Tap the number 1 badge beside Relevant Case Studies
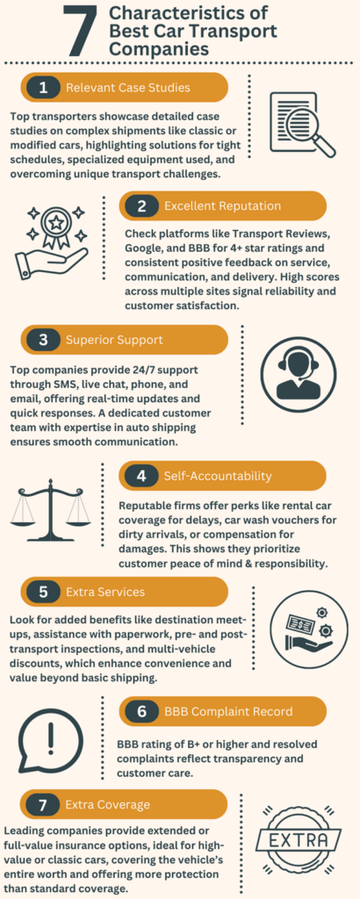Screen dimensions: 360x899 [x=43, y=88]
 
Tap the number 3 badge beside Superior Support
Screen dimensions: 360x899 [x=43, y=340]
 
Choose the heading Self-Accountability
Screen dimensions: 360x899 [x=218, y=476]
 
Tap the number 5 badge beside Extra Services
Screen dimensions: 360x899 [x=43, y=591]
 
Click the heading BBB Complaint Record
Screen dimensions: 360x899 [x=228, y=711]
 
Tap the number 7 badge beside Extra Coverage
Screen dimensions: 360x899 [x=43, y=804]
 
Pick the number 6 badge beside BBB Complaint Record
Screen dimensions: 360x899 [x=141, y=711]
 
